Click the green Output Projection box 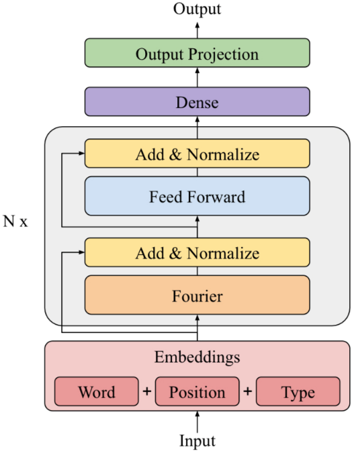(x=197, y=53)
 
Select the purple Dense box (x=197, y=102)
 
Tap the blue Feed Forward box (x=197, y=196)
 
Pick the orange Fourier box (x=197, y=295)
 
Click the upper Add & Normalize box (x=197, y=154)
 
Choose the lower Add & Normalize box (x=197, y=252)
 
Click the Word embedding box (x=97, y=391)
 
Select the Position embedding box (x=197, y=391)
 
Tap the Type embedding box (x=298, y=391)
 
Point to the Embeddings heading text (x=197, y=357)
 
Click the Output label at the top (x=197, y=8)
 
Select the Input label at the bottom (x=197, y=441)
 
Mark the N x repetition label (x=15, y=221)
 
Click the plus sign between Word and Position (x=147, y=391)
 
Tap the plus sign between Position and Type (x=248, y=391)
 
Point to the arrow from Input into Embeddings (x=197, y=422)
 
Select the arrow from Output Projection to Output (x=197, y=30)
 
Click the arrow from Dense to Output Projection (x=197, y=77)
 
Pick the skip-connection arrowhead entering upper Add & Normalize (x=82, y=154)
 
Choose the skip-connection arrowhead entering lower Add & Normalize (x=82, y=252)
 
